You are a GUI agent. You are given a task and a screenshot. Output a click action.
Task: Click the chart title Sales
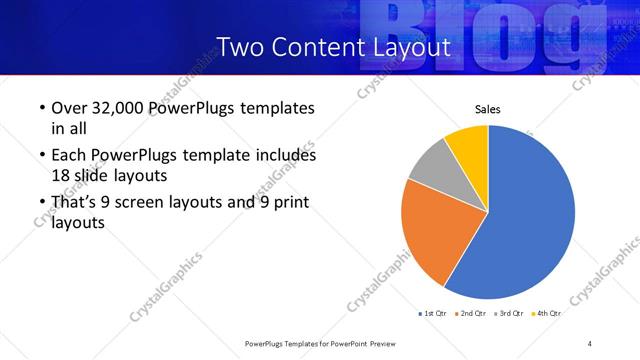[487, 109]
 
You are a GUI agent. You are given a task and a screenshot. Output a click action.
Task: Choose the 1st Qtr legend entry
[433, 313]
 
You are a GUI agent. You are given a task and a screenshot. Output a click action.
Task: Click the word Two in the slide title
[241, 46]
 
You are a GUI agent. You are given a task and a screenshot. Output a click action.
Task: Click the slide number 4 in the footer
[590, 343]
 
